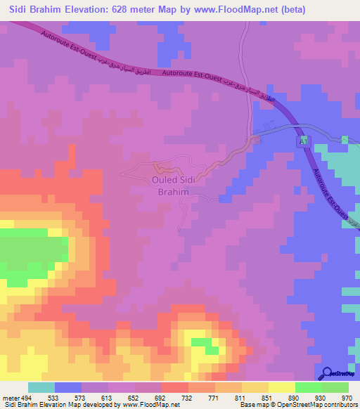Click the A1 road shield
click(303, 143)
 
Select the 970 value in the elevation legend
click(345, 398)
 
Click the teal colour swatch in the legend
click(41, 387)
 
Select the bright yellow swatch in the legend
click(281, 387)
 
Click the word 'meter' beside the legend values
click(11, 398)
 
